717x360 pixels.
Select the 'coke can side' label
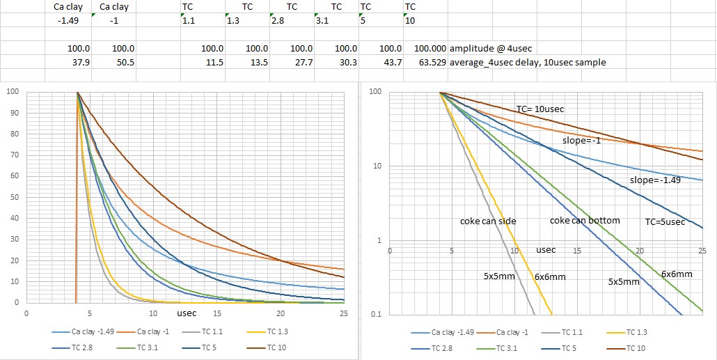tap(488, 221)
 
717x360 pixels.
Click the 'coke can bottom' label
tap(585, 221)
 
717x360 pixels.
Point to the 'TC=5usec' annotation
tap(665, 223)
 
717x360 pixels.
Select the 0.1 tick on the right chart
tap(377, 315)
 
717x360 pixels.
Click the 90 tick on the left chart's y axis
tap(12, 113)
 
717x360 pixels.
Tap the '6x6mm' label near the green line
tap(677, 274)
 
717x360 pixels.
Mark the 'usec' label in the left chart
tap(186, 313)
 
